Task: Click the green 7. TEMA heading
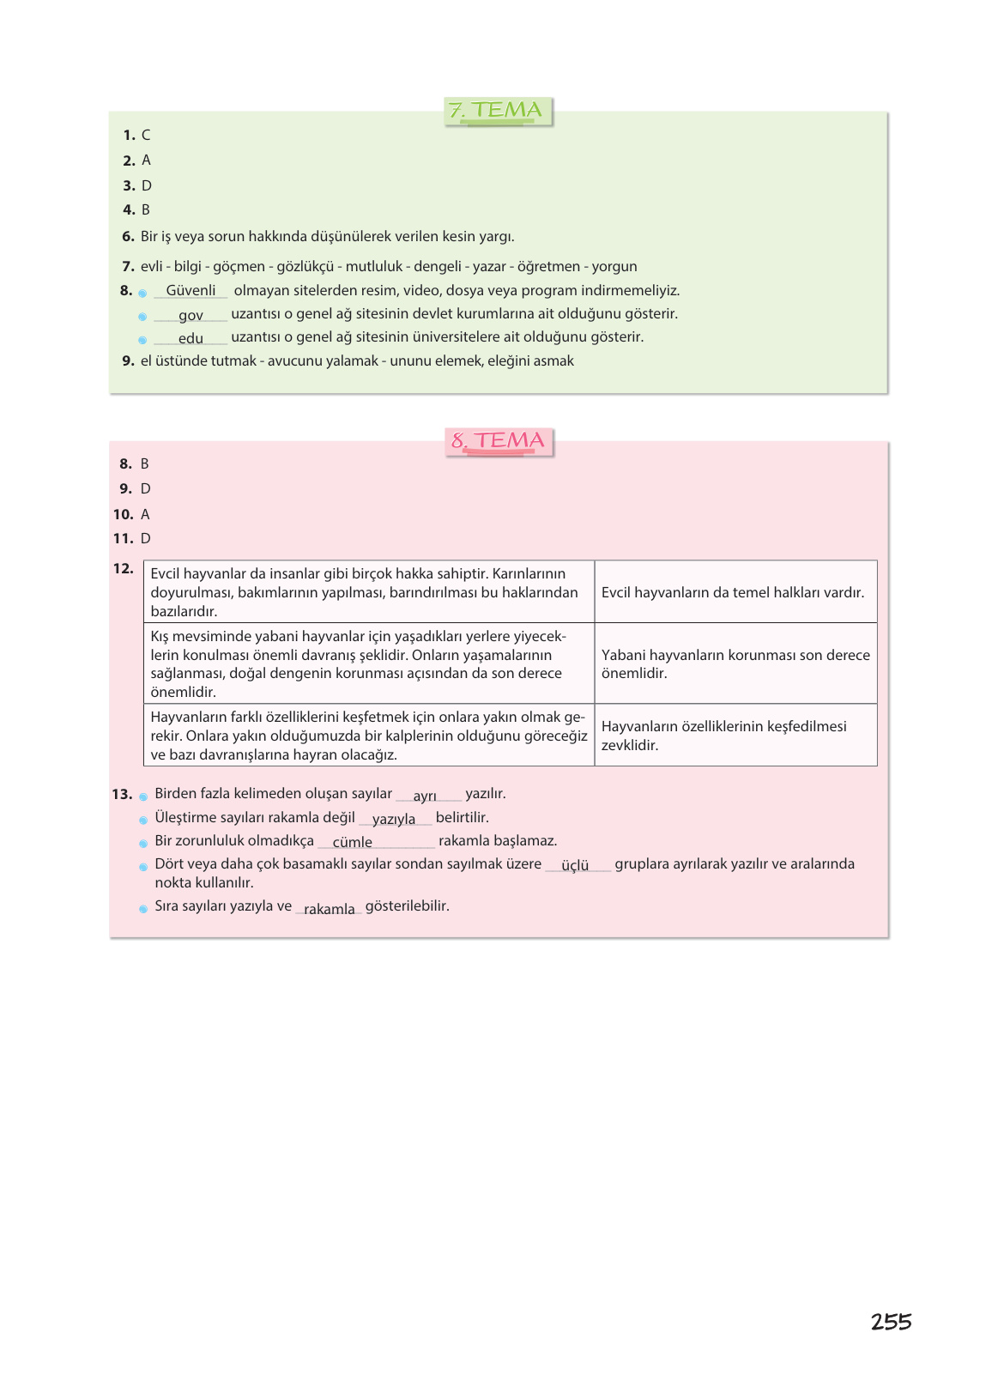[x=498, y=111]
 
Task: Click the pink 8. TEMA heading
[x=499, y=441]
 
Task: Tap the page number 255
[x=891, y=1322]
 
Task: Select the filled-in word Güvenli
[x=191, y=291]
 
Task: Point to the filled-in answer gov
[x=191, y=316]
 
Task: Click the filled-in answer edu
[x=191, y=339]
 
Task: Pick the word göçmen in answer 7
[x=239, y=267]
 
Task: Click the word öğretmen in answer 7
[x=548, y=267]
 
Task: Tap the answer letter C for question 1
[x=146, y=136]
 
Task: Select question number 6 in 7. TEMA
[x=128, y=237]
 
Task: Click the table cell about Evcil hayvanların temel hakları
[x=735, y=592]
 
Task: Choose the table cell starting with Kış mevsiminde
[x=368, y=663]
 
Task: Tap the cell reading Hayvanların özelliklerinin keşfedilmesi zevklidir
[x=735, y=736]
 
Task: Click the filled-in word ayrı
[x=425, y=796]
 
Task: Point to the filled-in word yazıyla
[x=394, y=820]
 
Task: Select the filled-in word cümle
[x=352, y=843]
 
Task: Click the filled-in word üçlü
[x=575, y=866]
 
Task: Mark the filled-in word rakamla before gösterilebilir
[x=329, y=909]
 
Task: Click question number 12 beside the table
[x=124, y=569]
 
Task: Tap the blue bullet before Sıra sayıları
[x=143, y=909]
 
